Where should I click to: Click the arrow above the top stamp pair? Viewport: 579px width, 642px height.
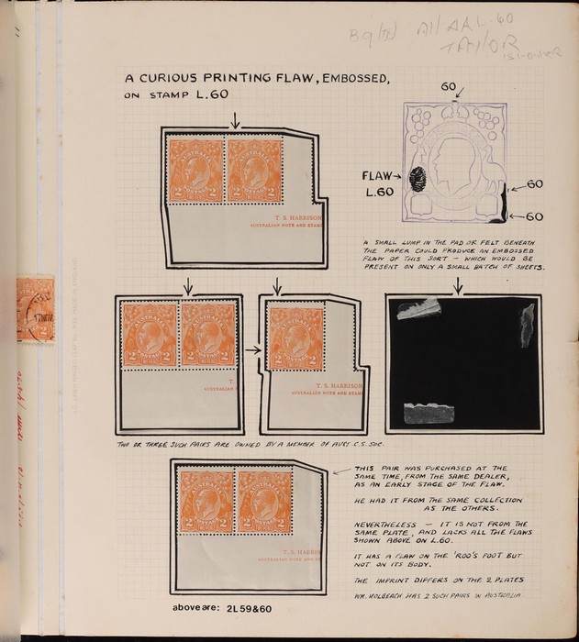click(x=236, y=119)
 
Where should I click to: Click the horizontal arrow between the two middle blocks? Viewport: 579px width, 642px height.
click(x=251, y=349)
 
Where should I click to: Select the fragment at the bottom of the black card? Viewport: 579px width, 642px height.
click(x=429, y=415)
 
